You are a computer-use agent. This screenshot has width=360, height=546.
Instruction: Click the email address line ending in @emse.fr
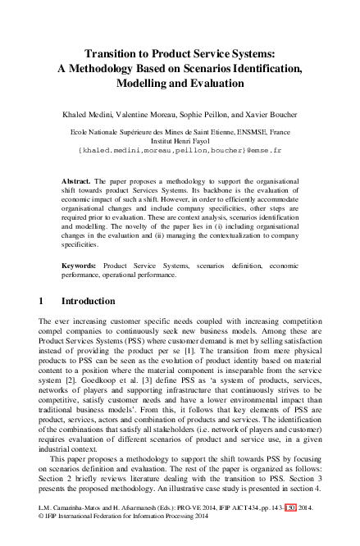180,152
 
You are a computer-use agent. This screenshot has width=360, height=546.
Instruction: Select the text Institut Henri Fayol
180,140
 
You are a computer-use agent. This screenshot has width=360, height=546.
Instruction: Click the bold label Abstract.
77,180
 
